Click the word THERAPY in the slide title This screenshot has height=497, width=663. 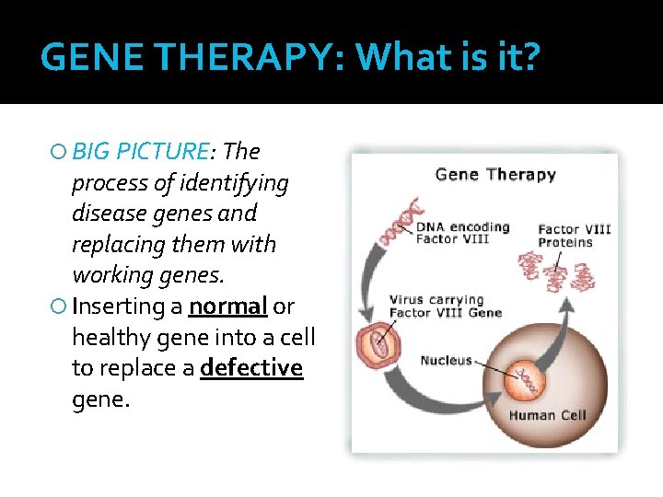click(x=242, y=58)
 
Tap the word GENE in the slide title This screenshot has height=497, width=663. click(x=90, y=58)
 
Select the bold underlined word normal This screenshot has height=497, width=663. click(x=227, y=306)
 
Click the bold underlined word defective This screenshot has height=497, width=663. click(x=251, y=368)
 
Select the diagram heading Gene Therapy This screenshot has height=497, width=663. click(x=494, y=175)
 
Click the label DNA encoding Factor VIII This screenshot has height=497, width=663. click(x=462, y=233)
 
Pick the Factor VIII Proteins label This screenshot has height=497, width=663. click(x=574, y=236)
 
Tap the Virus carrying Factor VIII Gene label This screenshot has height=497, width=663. click(x=445, y=306)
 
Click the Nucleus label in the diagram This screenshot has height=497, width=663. click(x=446, y=361)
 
